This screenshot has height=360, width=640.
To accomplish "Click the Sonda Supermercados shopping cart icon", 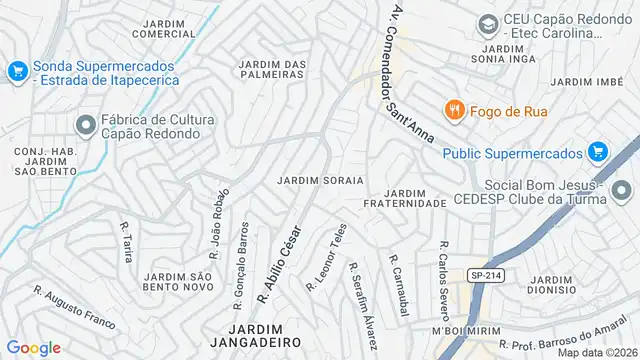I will click(17, 71).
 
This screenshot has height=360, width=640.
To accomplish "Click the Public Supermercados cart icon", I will click(598, 152).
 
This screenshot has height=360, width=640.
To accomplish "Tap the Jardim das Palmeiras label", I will click(273, 70).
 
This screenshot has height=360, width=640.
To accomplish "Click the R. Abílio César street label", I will click(281, 261).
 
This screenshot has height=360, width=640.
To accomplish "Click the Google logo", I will click(34, 347).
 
